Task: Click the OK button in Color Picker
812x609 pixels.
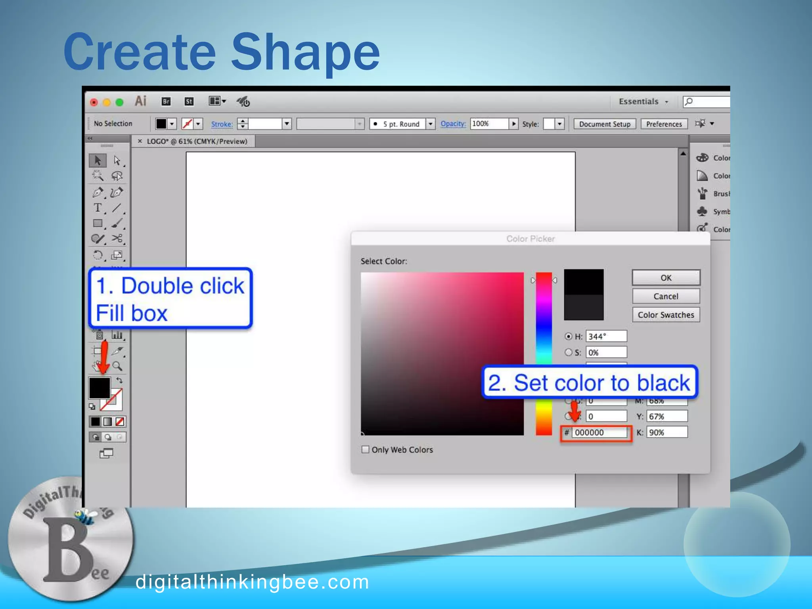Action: click(666, 278)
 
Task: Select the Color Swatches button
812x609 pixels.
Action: click(666, 315)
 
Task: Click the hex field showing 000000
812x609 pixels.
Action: click(599, 433)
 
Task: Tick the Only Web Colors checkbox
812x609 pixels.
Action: click(365, 450)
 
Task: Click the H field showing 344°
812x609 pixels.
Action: click(606, 336)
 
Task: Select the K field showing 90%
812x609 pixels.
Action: click(666, 432)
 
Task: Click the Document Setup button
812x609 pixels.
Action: click(604, 124)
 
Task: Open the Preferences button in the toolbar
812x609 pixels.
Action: click(664, 124)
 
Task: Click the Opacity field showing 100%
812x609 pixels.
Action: click(489, 124)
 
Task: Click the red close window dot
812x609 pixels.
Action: click(94, 102)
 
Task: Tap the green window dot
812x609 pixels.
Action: click(119, 102)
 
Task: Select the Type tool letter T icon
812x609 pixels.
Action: click(98, 208)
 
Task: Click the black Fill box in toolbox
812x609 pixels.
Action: click(99, 387)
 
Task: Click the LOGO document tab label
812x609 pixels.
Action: click(197, 142)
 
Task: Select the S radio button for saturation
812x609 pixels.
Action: click(569, 352)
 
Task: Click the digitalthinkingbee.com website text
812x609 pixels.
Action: click(252, 582)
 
